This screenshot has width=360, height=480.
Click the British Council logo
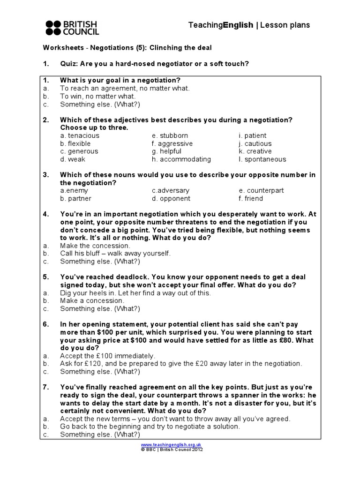72,28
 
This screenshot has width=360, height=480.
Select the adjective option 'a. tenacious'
80,135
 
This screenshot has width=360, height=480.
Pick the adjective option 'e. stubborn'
170,135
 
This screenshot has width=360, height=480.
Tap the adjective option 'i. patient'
252,135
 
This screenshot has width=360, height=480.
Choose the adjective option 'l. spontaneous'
262,159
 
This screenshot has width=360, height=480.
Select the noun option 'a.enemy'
74,191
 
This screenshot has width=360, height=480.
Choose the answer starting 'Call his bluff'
115,254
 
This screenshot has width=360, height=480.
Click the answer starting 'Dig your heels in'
135,293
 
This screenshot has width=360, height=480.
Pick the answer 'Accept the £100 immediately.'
107,356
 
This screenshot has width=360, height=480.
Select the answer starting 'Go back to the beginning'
150,427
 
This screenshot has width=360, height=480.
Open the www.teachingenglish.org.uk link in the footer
171,444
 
